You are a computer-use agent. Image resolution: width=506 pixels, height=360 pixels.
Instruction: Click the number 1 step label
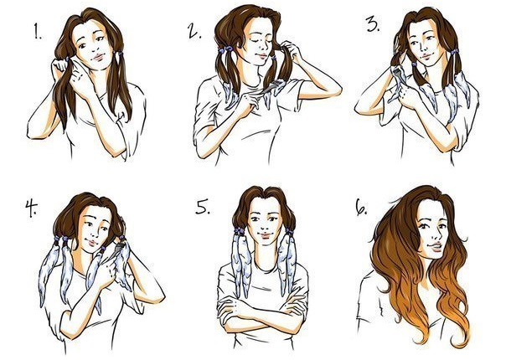tap(38, 32)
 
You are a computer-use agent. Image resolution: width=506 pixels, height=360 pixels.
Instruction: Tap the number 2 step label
tap(194, 31)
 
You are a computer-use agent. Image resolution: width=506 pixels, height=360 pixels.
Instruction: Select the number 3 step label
tap(374, 24)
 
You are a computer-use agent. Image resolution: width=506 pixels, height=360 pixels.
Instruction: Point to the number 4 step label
tap(31, 208)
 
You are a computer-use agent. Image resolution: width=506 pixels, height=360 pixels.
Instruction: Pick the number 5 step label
tap(203, 207)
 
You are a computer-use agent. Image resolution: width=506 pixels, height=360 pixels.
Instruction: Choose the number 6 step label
tap(361, 207)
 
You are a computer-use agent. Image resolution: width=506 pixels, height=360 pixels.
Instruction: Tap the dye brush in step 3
tap(396, 70)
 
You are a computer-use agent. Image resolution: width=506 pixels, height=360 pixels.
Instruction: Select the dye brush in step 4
tap(118, 248)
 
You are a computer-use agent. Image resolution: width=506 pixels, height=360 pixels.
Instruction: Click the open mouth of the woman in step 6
tap(435, 248)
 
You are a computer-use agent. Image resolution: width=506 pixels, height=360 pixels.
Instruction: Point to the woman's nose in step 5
tap(265, 226)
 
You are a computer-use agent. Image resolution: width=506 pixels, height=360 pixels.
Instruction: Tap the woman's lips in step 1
tap(98, 58)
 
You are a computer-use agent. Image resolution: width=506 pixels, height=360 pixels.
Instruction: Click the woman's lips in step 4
tap(92, 243)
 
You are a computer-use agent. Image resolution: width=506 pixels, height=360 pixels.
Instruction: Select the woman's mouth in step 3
tap(427, 57)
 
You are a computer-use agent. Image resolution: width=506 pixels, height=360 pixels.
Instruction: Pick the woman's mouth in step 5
tap(265, 235)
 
